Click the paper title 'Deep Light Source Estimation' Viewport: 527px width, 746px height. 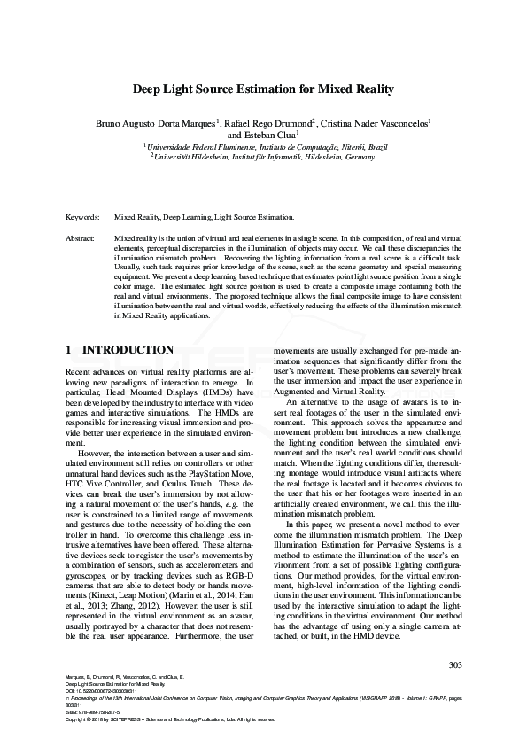(x=263, y=89)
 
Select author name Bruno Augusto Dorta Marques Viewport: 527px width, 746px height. (x=154, y=123)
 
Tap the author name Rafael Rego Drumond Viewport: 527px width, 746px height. (x=269, y=123)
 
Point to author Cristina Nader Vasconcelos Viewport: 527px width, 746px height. (x=376, y=123)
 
